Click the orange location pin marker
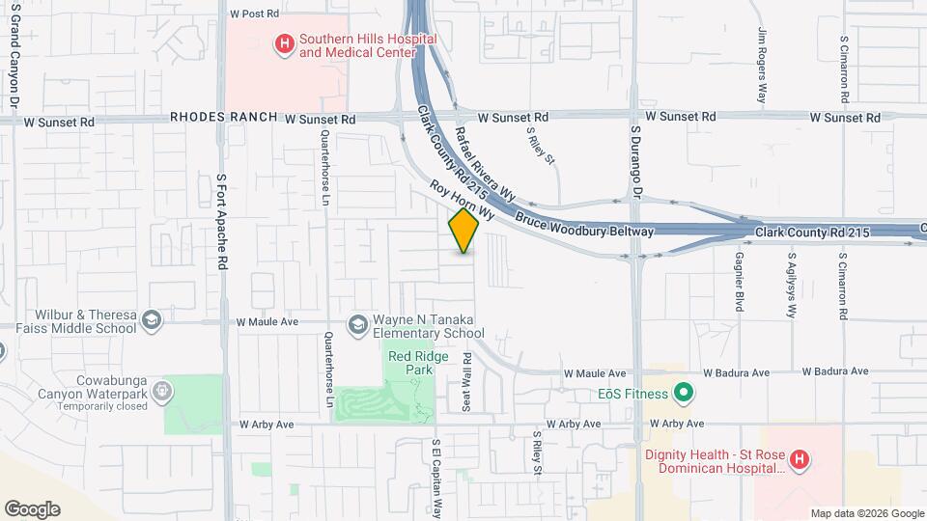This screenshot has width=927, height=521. point(463,230)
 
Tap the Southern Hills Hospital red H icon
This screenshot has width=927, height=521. point(284,43)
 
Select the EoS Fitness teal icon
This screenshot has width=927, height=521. point(685,393)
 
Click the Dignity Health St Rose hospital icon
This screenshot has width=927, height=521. point(799,460)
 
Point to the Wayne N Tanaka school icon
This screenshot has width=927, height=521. point(358,324)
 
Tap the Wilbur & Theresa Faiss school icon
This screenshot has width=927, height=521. point(152,319)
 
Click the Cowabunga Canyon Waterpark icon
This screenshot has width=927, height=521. point(163,392)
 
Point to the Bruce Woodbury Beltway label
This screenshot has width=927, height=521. point(584,224)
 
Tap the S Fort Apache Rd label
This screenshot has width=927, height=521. point(223,222)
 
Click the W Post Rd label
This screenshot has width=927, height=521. point(255,14)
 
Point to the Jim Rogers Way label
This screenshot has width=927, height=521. point(762,64)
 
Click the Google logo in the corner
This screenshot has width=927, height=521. point(32,508)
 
